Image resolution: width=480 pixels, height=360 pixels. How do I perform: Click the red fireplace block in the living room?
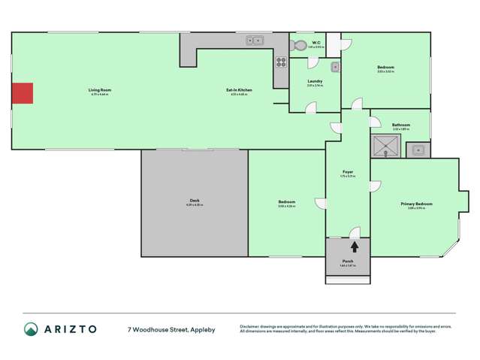tap(23, 93)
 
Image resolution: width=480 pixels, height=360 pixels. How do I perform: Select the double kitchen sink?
tap(255, 41)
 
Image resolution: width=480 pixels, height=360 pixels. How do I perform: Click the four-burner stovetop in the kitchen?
tap(281, 63)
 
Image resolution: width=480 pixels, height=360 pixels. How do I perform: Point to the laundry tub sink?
tap(335, 68)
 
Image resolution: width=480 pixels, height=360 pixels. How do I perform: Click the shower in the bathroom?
tap(385, 146)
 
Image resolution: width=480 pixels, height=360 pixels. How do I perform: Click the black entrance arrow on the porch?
tap(355, 245)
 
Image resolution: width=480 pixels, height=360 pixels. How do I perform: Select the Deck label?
tap(195, 201)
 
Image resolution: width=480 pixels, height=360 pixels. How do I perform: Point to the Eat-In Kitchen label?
tap(239, 90)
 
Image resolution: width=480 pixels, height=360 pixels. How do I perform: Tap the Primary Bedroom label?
tap(416, 204)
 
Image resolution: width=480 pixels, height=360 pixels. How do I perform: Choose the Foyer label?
tap(348, 172)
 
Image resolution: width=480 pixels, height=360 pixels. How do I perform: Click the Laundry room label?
tap(315, 82)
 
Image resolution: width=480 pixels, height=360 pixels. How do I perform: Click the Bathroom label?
tap(400, 125)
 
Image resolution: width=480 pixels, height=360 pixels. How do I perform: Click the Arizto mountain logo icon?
tap(31, 328)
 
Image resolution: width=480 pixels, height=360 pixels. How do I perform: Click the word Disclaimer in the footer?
tap(251, 326)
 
